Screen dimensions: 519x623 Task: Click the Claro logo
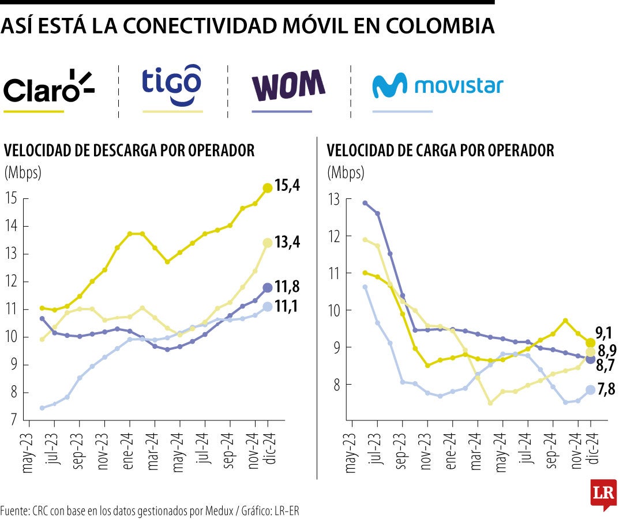48,86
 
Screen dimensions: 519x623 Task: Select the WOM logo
288,85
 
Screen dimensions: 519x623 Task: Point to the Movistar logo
437,86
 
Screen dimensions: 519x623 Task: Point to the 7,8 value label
606,390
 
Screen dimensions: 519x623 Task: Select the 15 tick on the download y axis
12,199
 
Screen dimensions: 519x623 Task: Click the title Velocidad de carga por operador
440,151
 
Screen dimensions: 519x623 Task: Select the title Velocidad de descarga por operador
129,151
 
